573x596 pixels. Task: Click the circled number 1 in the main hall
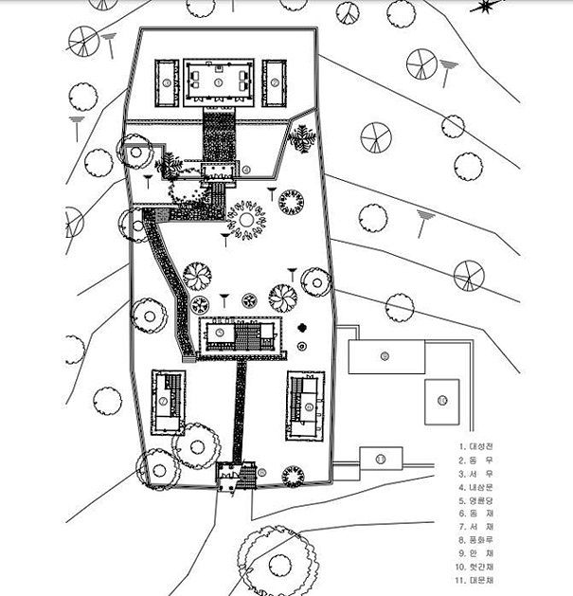pos(219,82)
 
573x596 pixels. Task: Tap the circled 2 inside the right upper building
pos(275,82)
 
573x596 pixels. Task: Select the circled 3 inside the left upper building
pos(166,82)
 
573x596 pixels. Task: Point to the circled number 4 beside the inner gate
pos(246,171)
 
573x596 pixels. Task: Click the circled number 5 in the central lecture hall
pos(220,333)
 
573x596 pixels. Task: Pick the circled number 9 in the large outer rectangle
pos(385,356)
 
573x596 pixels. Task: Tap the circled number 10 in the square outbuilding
pos(441,402)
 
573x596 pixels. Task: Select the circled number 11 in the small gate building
pos(381,459)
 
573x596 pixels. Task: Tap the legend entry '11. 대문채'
pos(477,580)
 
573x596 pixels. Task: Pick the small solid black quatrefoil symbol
pos(302,328)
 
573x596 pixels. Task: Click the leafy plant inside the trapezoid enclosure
pos(303,139)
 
